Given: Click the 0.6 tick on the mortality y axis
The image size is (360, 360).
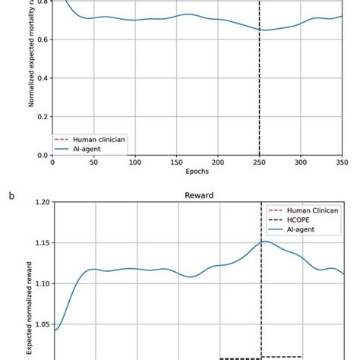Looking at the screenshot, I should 43,39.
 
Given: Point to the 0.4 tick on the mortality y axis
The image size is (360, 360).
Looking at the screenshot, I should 43,77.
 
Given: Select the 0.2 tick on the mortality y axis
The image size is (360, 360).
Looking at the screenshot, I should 43,116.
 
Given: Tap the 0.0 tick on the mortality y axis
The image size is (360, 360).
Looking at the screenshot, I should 43,155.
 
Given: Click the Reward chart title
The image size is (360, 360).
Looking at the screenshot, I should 197,194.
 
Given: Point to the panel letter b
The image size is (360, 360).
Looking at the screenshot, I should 11,195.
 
